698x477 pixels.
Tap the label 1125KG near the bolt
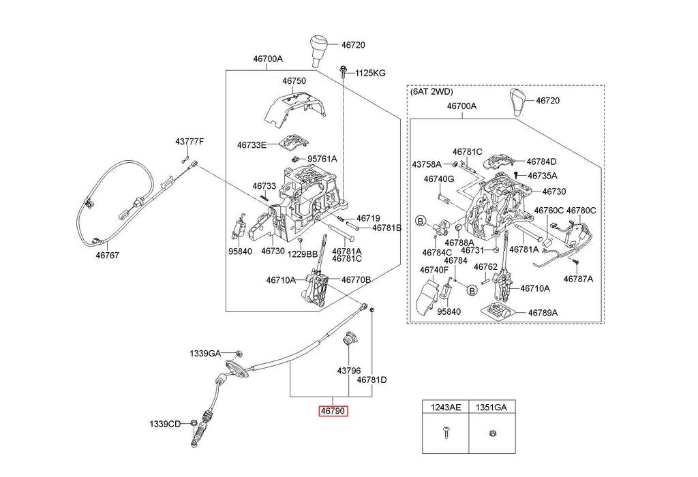(370, 73)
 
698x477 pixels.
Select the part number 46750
(294, 80)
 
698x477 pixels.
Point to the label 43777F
(189, 141)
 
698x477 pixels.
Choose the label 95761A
(322, 159)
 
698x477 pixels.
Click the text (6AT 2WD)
(431, 91)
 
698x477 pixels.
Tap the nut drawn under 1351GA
(492, 433)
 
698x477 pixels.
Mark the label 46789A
(543, 312)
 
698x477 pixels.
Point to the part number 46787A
(577, 279)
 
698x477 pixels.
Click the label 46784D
(541, 161)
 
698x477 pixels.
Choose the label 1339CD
(165, 424)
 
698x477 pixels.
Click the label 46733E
(252, 144)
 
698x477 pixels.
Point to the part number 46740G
(438, 179)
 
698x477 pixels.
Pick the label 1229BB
(302, 253)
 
